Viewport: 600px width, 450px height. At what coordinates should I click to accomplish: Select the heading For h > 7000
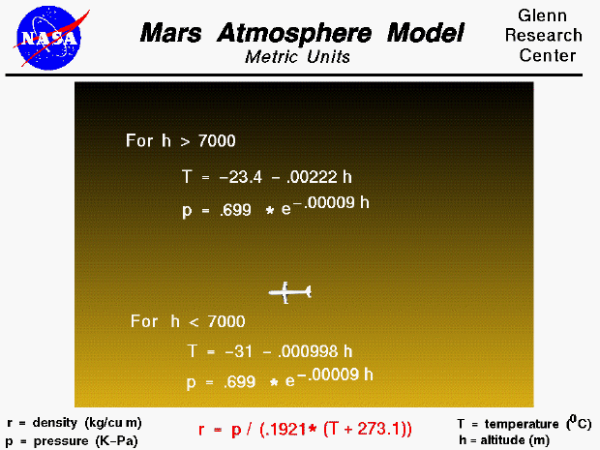coord(181,141)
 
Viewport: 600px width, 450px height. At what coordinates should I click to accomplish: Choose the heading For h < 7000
coord(188,321)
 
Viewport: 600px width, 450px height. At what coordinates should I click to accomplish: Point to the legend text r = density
coord(74,423)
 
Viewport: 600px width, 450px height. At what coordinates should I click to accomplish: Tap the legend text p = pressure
coord(73,440)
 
